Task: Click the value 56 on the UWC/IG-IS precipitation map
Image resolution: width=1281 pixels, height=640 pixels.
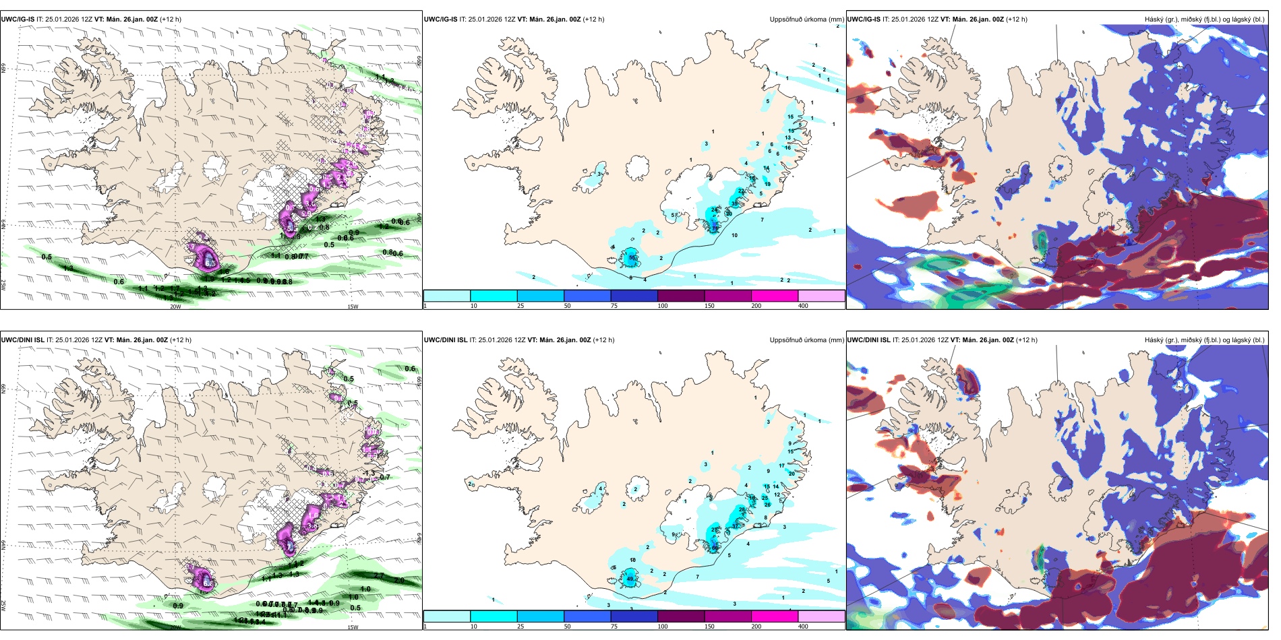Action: click(x=632, y=257)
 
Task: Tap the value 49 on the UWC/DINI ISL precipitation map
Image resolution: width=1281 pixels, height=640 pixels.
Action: click(x=630, y=579)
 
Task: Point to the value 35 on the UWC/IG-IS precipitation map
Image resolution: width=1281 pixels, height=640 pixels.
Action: click(x=735, y=203)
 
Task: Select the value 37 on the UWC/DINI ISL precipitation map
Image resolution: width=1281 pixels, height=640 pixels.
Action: click(x=735, y=525)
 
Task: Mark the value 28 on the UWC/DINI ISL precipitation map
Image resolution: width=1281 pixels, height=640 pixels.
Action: click(x=742, y=509)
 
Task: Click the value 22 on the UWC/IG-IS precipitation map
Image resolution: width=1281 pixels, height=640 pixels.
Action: click(x=742, y=191)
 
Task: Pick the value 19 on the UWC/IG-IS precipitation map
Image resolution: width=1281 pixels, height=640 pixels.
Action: click(x=767, y=184)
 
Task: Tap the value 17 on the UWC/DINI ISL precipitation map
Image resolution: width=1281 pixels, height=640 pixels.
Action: click(x=782, y=466)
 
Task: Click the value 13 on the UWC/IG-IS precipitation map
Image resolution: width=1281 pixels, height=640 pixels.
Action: click(x=787, y=138)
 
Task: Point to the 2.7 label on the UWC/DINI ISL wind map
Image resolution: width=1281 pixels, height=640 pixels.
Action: click(x=379, y=576)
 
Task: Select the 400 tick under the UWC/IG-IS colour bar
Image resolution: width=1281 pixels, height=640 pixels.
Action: click(x=803, y=306)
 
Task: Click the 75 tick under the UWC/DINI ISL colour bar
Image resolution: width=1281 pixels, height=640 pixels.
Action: click(x=614, y=627)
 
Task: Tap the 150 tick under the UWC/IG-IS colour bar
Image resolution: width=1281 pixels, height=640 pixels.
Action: click(x=711, y=306)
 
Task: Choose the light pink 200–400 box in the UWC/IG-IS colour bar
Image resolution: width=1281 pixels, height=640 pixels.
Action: click(x=821, y=296)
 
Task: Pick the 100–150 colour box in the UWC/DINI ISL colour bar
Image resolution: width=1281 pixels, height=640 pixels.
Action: click(x=681, y=616)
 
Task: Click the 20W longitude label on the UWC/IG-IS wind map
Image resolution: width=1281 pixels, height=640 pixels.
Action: click(x=175, y=307)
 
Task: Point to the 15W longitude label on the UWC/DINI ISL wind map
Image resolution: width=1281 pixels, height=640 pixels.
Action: click(x=352, y=627)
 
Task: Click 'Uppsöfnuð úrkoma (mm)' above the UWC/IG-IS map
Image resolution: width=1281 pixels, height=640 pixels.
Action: click(x=806, y=20)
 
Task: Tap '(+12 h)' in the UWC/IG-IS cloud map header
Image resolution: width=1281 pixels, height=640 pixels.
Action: click(x=1016, y=20)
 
